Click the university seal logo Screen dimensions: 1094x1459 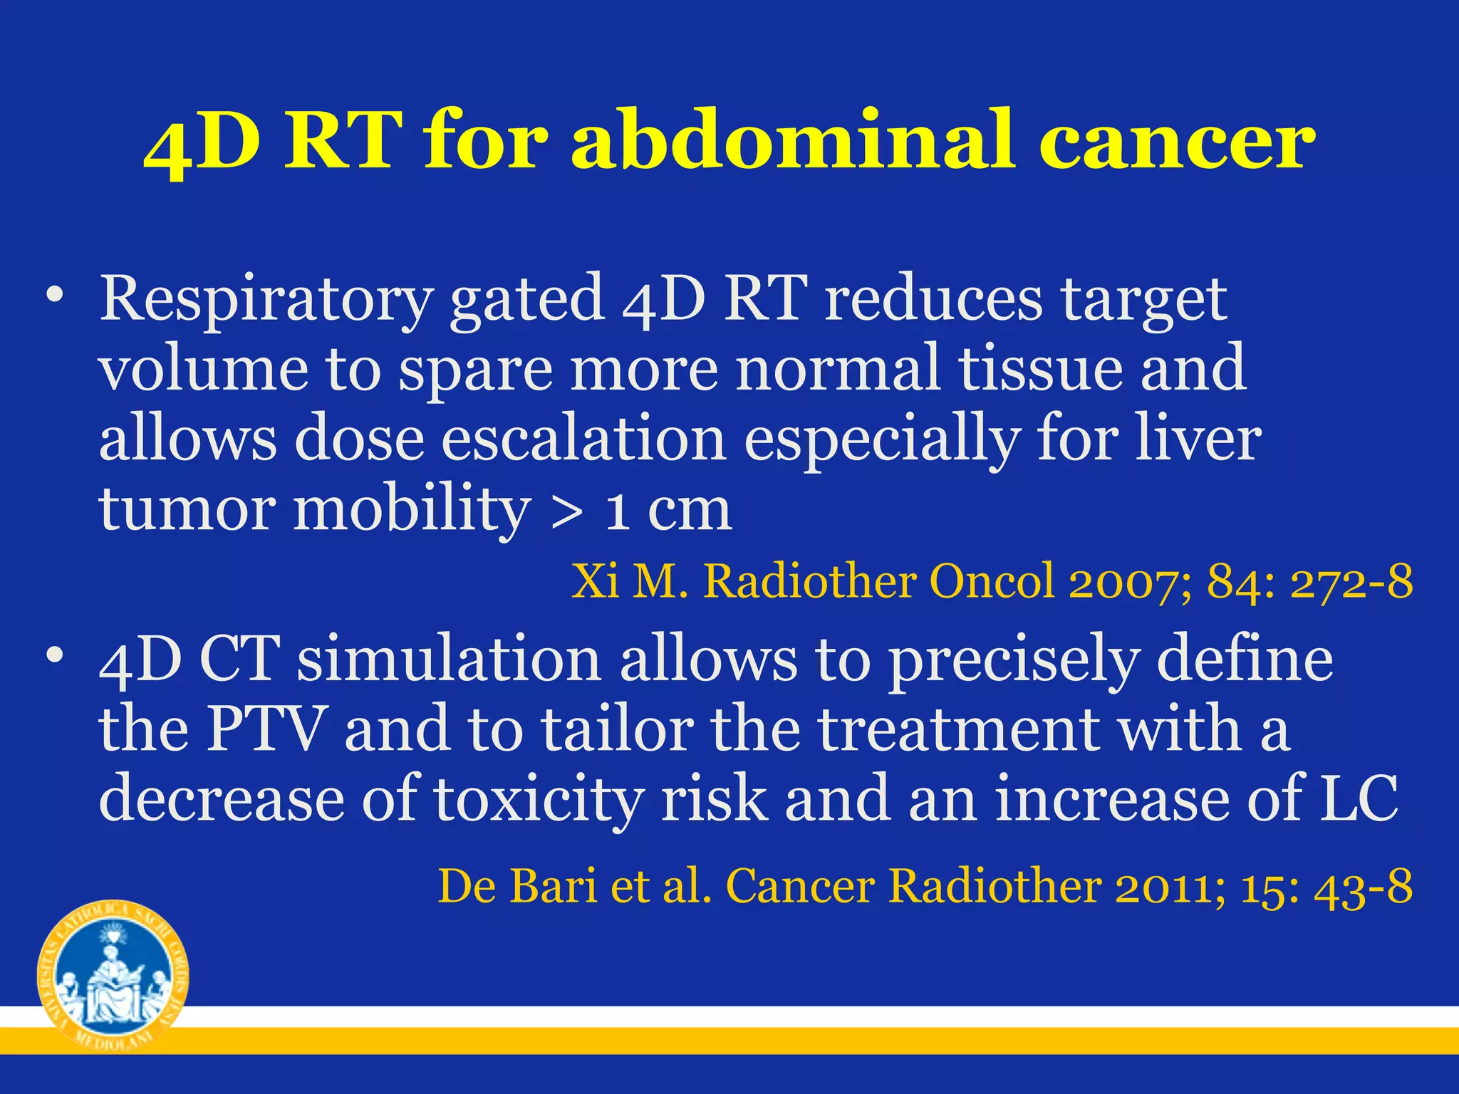(113, 975)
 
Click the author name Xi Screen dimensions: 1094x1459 (595, 582)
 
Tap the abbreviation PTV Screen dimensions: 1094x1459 (264, 729)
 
